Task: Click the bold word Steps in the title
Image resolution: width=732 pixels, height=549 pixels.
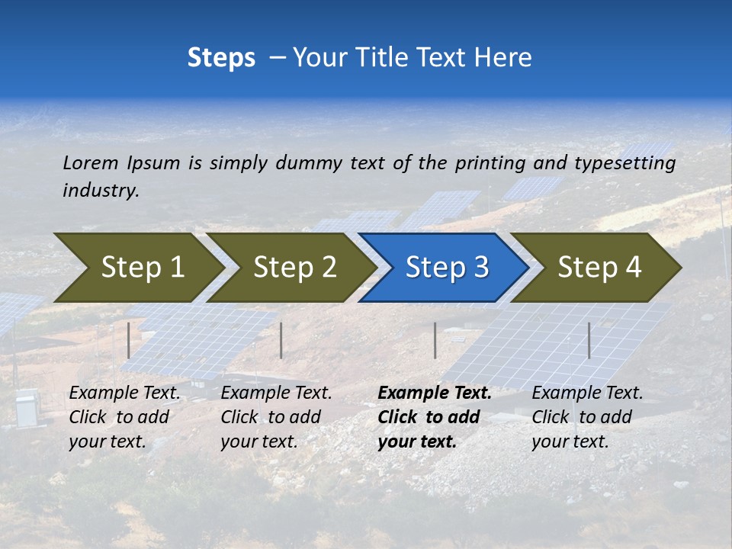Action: coord(221,58)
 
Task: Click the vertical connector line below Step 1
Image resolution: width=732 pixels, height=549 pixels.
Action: coord(129,340)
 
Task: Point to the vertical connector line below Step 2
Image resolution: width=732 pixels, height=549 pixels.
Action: coord(281,340)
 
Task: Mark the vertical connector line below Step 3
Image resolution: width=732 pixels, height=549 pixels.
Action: coord(435,340)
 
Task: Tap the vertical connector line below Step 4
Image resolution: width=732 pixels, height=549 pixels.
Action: coord(589,340)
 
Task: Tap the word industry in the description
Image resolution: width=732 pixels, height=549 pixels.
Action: coord(101,191)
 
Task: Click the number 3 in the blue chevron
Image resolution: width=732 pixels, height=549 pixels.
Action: coord(480,268)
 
